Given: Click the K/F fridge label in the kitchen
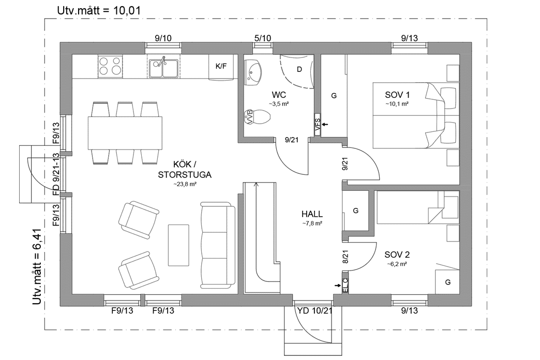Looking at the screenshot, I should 221,66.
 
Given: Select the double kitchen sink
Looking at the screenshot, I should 163,67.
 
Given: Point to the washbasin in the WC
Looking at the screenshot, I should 253,70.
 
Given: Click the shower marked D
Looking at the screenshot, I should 299,69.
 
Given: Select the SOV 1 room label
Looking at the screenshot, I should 397,95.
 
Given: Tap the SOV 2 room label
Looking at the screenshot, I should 397,255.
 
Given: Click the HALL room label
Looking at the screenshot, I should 312,214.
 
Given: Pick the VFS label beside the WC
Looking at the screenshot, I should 318,124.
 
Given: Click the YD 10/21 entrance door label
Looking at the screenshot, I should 314,310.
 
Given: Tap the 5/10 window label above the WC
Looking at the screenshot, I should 263,38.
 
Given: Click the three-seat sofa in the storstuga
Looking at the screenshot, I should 217,246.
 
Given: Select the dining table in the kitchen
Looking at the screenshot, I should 125,133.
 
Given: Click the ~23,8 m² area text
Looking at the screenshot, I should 185,184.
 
